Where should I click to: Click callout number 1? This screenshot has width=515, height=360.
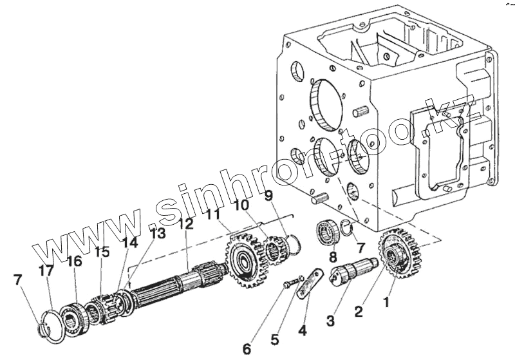click(x=387, y=300)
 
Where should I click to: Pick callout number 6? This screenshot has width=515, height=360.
click(x=247, y=348)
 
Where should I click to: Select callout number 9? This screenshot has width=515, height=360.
click(x=268, y=194)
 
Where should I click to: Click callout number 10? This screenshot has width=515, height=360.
click(x=242, y=205)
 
